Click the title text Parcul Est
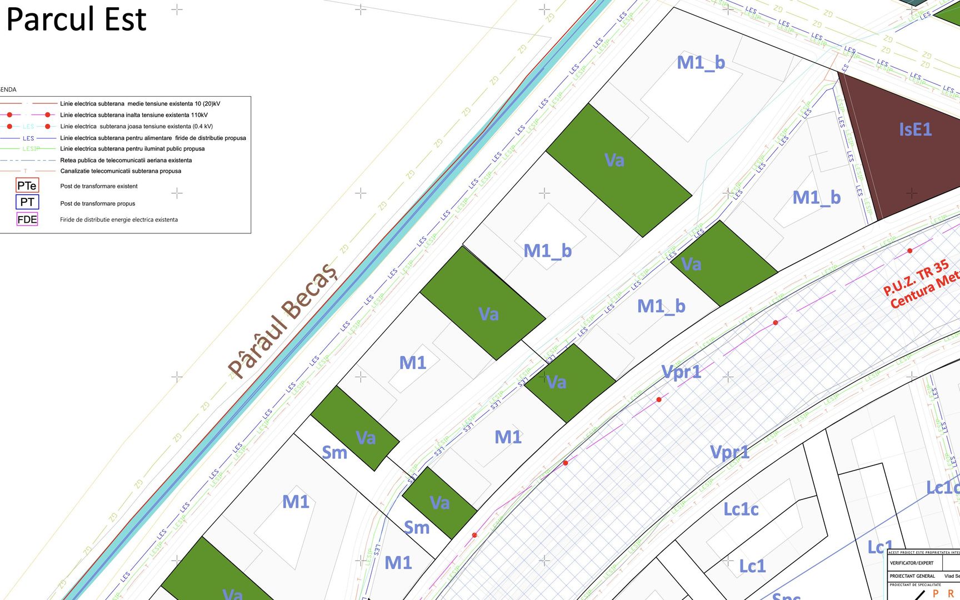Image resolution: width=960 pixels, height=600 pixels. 76,19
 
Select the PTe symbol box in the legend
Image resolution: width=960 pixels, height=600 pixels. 27,186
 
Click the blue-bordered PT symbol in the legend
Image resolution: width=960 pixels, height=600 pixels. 27,202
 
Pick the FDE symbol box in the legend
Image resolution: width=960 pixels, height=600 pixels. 27,219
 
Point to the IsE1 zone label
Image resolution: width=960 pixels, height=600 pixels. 915,130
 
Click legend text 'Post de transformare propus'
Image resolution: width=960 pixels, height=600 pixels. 98,204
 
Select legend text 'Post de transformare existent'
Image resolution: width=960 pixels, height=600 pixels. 99,187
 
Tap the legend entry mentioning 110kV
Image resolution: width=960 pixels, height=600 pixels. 134,115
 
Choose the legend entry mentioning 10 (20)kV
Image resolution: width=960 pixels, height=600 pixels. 140,104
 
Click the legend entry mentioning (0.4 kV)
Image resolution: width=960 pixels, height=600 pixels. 136,127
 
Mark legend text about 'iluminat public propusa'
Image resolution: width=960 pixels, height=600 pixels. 132,149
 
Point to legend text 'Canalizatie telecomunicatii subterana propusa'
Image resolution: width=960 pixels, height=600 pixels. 121,171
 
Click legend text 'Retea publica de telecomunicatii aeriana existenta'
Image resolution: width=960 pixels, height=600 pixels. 126,161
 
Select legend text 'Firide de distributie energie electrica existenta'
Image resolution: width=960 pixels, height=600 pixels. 119,220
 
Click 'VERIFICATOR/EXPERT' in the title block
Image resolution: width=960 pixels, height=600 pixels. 912,563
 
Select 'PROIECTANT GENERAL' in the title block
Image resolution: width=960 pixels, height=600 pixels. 912,576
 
